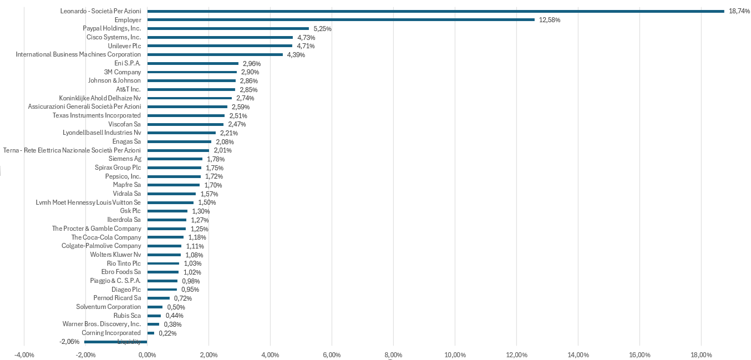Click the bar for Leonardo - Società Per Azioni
pos(435,11)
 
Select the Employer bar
pos(341,19)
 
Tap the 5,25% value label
pos(322,28)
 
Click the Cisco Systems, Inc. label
pos(113,37)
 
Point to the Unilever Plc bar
pos(220,45)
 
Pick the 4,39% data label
pos(296,54)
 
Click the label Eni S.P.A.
pos(127,63)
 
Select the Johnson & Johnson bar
pos(191,80)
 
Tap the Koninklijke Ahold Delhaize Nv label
pos(100,98)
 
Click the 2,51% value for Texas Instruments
pos(238,115)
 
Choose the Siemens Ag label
pos(125,159)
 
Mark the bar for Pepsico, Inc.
pos(174,176)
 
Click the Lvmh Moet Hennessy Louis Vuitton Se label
pos(88,202)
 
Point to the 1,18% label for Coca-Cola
pos(197,237)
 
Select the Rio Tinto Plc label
pos(124,263)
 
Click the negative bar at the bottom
pos(115,342)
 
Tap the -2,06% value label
pos(69,342)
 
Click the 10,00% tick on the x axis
pos(455,355)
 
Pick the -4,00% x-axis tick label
pos(24,355)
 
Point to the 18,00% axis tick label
pos(701,355)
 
